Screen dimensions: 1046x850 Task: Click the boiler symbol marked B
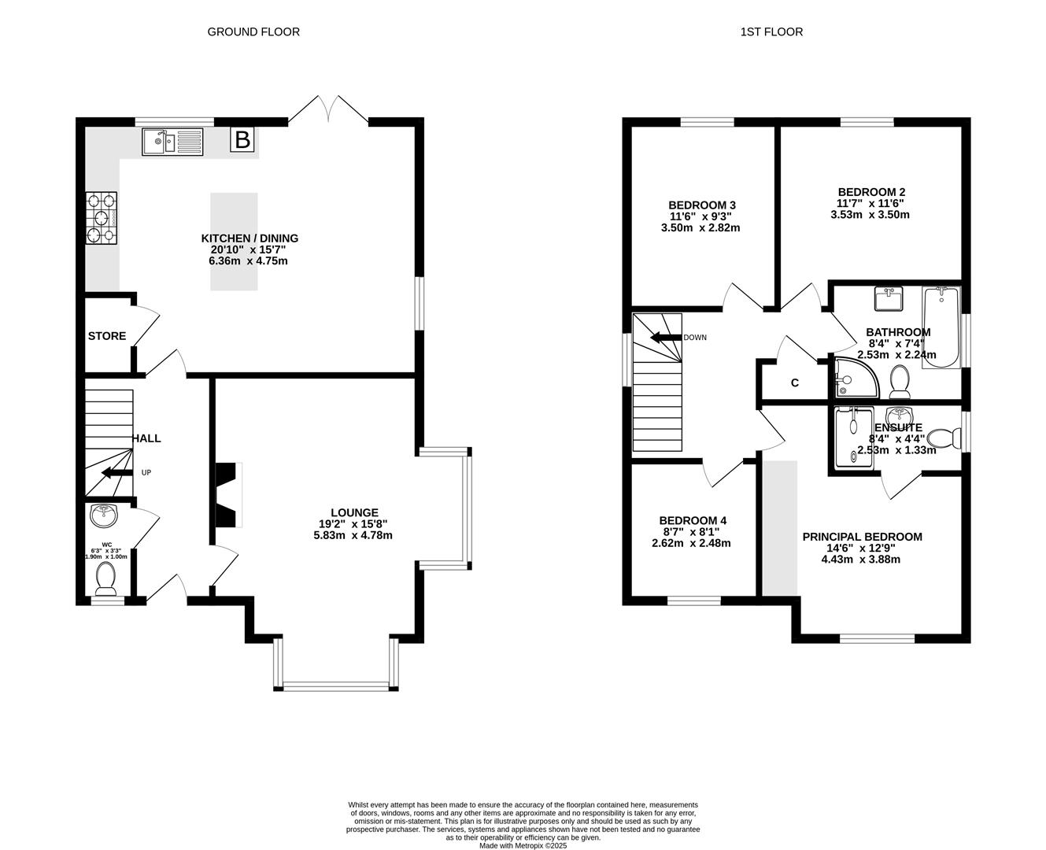tap(242, 140)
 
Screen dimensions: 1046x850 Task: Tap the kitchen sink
tap(172, 142)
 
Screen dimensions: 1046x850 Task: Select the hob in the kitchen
tap(102, 218)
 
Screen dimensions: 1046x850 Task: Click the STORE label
tap(107, 336)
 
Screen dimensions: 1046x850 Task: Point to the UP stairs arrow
tap(116, 473)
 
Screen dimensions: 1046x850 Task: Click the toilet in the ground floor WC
tap(105, 578)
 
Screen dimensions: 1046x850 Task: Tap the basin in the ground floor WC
tap(104, 516)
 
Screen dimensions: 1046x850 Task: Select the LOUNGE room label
tap(354, 512)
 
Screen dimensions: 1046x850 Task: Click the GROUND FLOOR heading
tap(253, 32)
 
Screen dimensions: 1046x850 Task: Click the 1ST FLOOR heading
tap(771, 32)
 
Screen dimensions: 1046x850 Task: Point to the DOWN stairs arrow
tap(667, 338)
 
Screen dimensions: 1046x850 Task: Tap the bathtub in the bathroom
tap(941, 327)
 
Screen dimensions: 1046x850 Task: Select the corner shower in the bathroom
tap(856, 378)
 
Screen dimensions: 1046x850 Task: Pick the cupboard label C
tap(795, 383)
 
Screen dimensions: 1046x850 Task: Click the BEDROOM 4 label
tap(693, 520)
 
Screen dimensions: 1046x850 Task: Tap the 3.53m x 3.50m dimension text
tap(870, 215)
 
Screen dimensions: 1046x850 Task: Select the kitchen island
tap(235, 242)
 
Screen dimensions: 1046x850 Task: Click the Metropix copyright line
tap(523, 845)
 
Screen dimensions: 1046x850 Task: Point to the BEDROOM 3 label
tap(702, 205)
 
